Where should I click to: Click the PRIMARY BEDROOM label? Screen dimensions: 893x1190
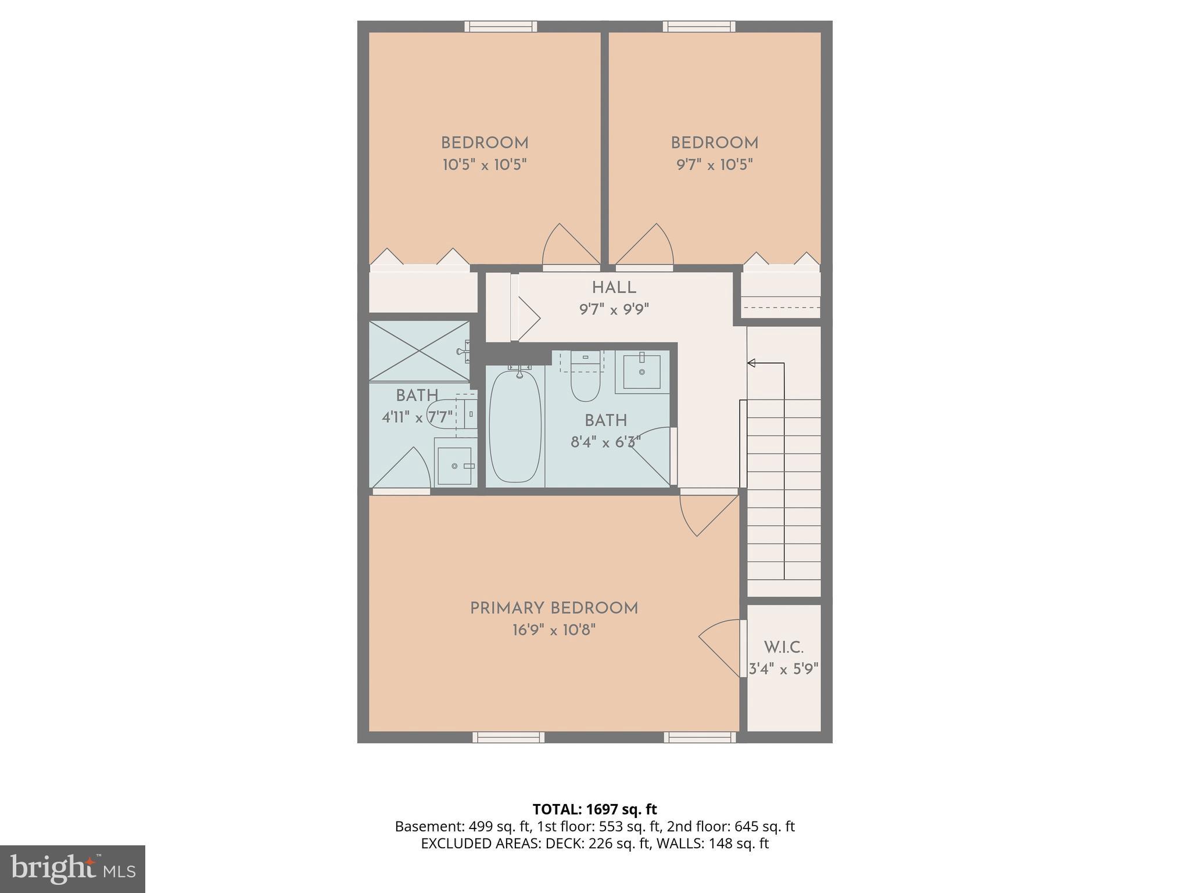[554, 609]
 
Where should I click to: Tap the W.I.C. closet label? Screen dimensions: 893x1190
[783, 648]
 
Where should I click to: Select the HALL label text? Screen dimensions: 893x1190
[614, 288]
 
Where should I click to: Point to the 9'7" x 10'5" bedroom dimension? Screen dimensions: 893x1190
[714, 165]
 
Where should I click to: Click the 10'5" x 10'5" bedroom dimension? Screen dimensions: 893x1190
[485, 165]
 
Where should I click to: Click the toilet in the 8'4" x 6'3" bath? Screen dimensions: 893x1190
[585, 378]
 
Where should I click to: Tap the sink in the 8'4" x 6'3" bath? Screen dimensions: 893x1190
[641, 372]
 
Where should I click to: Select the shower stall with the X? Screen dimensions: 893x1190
[418, 351]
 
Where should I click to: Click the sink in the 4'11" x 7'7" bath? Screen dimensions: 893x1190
[454, 465]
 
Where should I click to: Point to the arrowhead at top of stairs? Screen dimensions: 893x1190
[751, 363]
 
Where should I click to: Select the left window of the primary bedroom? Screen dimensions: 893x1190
[508, 737]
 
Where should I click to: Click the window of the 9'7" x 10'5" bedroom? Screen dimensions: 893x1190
[699, 26]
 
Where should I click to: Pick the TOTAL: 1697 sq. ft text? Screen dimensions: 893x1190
[594, 809]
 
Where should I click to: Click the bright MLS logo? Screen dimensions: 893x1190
[72, 869]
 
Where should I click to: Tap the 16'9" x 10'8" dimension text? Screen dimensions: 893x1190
[554, 630]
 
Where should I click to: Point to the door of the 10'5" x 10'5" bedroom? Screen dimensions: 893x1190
[570, 247]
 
